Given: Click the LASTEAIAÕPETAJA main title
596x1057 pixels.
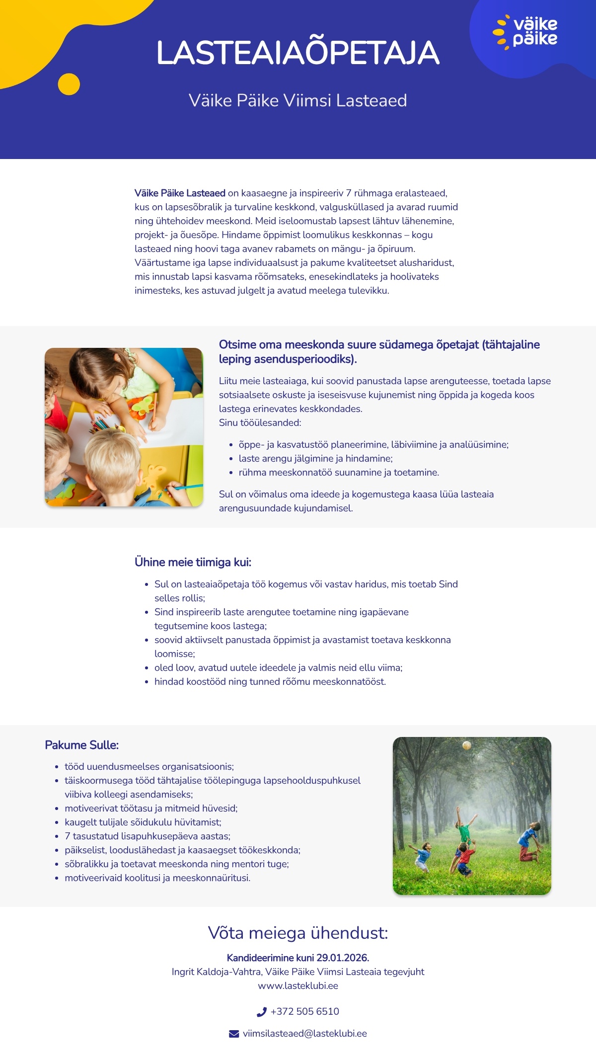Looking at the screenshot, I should (298, 53).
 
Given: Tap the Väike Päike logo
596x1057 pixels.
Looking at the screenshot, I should (526, 32).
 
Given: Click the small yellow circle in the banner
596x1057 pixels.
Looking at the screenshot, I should (69, 84).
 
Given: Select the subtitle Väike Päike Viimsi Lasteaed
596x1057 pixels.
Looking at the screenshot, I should (298, 100).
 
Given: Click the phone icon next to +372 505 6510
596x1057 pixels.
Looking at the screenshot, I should (262, 1012).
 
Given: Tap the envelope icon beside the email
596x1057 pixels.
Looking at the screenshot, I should (234, 1034).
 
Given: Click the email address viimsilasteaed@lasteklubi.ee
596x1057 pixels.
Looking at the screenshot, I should (305, 1034).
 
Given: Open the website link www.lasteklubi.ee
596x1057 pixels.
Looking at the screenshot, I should (298, 985).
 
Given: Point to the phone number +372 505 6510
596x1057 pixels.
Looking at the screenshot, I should (305, 1012).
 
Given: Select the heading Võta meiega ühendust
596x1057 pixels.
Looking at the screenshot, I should (298, 933).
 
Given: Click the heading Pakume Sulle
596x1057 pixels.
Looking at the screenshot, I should (82, 745).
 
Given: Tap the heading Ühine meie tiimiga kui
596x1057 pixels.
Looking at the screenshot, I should (193, 562).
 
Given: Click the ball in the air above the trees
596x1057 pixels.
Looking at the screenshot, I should (467, 745).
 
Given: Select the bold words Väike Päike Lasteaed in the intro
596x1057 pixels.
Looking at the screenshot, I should (180, 193).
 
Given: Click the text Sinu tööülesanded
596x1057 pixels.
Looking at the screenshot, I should (260, 423).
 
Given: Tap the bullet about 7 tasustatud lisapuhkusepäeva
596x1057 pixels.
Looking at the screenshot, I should (148, 836).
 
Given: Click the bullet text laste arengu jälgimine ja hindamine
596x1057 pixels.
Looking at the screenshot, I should (316, 459).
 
